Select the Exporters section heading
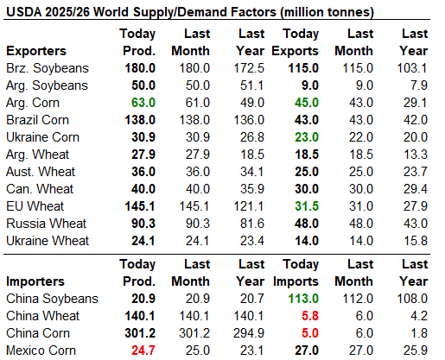(x=36, y=51)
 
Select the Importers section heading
(x=35, y=281)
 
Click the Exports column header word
(x=296, y=51)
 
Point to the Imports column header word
(x=296, y=281)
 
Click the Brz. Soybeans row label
(x=48, y=68)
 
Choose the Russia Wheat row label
(x=46, y=224)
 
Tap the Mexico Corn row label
(x=41, y=351)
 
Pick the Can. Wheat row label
(x=40, y=189)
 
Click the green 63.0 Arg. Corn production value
(x=143, y=103)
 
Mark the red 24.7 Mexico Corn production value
(x=143, y=351)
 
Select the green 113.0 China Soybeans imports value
(x=303, y=299)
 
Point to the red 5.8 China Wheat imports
(x=310, y=316)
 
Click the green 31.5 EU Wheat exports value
(x=307, y=206)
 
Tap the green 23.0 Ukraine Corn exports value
(x=307, y=137)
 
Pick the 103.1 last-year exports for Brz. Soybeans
(x=412, y=68)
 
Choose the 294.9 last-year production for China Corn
(x=249, y=333)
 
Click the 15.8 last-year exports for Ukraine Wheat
(x=416, y=241)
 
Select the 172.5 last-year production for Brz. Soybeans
(x=249, y=68)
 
